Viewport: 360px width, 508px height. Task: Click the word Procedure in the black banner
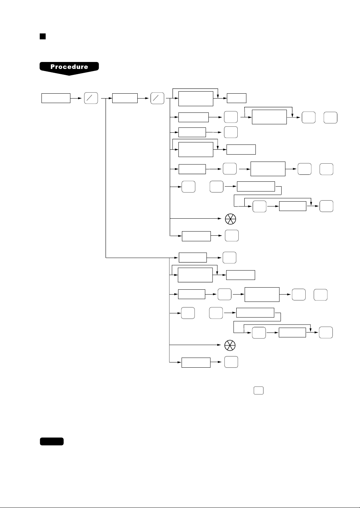[69, 67]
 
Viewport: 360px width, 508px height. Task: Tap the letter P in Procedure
[53, 67]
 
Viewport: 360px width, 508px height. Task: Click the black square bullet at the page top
[43, 36]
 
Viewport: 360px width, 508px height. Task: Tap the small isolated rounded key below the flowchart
[259, 391]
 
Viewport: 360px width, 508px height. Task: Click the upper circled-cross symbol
[230, 219]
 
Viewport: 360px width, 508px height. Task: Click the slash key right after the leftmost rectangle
[91, 98]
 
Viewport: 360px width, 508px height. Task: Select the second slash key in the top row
[157, 98]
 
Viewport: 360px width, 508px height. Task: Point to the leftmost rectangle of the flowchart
[56, 98]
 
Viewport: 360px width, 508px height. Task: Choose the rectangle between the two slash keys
[125, 98]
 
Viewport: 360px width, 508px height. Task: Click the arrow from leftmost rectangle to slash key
[76, 98]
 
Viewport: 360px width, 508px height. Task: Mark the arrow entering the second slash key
[143, 98]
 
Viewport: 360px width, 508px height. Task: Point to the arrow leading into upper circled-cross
[196, 218]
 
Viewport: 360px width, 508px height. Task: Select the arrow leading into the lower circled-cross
[195, 345]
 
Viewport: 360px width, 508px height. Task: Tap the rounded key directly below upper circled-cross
[232, 235]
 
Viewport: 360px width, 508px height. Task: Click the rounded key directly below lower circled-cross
[231, 362]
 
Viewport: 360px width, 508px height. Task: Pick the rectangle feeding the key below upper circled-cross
[196, 236]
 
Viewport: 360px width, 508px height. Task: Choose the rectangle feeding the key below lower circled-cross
[196, 362]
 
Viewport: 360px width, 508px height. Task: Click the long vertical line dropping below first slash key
[106, 178]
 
